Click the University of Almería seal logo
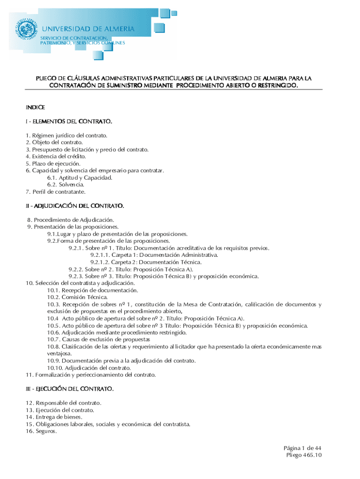(25, 29)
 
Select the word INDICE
(35, 108)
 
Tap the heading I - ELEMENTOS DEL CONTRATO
(69, 122)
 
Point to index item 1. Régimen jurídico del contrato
(66, 136)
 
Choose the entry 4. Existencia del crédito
(56, 156)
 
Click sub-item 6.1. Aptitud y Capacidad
(79, 177)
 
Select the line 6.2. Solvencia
(65, 184)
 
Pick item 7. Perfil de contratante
(56, 191)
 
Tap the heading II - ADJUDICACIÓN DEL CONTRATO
(75, 205)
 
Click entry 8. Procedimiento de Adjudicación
(71, 219)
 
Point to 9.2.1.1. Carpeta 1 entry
(154, 255)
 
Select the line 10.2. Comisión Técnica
(71, 297)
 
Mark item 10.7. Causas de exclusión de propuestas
(98, 339)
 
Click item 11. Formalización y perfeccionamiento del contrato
(90, 375)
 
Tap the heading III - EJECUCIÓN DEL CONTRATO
(70, 389)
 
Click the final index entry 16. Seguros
(41, 431)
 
